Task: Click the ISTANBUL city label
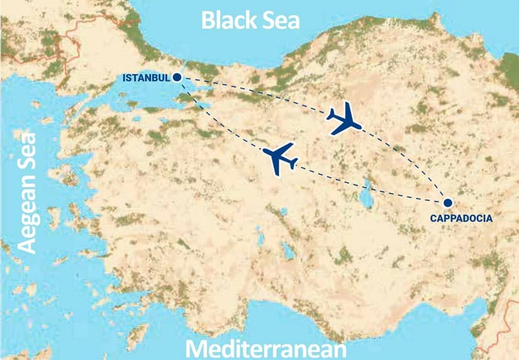tap(146, 78)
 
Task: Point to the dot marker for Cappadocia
tap(448, 203)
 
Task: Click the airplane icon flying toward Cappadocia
tap(345, 120)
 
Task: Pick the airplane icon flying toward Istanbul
tap(280, 157)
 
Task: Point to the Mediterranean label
tap(266, 349)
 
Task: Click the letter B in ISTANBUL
tap(157, 78)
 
